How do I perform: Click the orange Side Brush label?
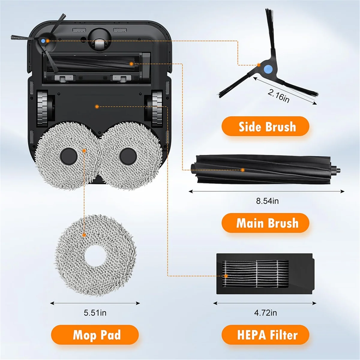click(265, 126)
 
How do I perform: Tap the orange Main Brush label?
click(265, 223)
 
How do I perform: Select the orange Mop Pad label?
click(95, 334)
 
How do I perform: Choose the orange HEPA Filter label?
click(265, 334)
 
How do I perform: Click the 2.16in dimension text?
click(278, 96)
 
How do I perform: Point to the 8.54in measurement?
click(267, 201)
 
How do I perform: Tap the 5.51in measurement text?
click(95, 313)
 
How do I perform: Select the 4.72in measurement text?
click(265, 313)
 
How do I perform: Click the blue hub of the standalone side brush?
click(268, 69)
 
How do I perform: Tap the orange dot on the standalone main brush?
click(243, 170)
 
